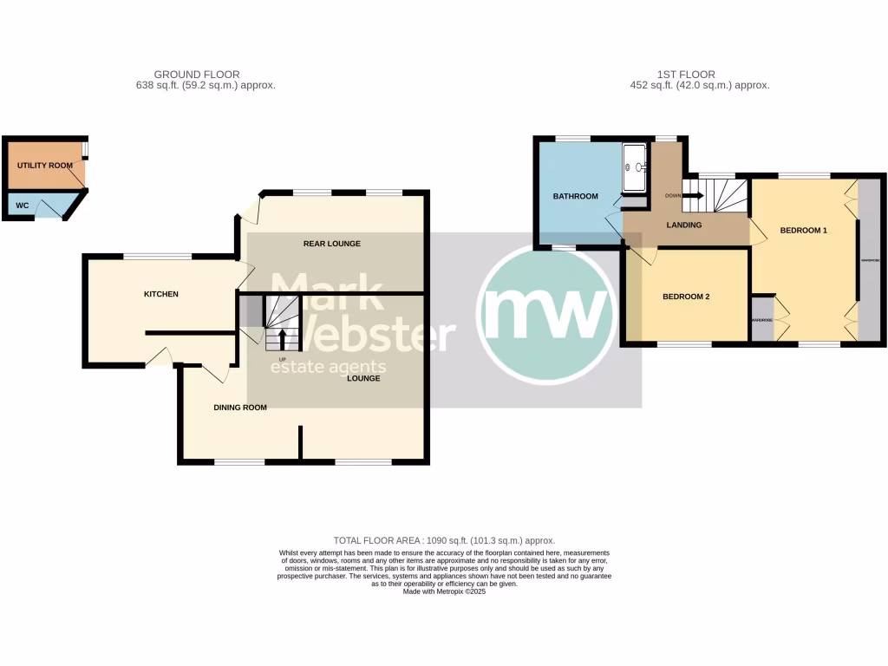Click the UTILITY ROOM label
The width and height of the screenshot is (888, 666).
pyautogui.click(x=44, y=165)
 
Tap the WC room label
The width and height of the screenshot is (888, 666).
pyautogui.click(x=20, y=206)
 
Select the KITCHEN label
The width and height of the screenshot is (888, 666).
pyautogui.click(x=160, y=294)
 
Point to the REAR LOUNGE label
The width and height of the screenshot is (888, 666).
pyautogui.click(x=331, y=244)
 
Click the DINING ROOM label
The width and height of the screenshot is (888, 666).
pyautogui.click(x=239, y=407)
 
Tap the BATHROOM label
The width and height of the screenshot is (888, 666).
pyautogui.click(x=576, y=196)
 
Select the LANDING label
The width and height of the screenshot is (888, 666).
pyautogui.click(x=684, y=225)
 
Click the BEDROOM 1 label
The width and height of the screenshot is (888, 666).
pyautogui.click(x=804, y=231)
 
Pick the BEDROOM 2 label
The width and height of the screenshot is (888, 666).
pyautogui.click(x=686, y=297)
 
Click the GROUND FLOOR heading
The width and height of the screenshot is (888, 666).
pyautogui.click(x=197, y=75)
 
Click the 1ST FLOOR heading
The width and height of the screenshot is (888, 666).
pyautogui.click(x=686, y=75)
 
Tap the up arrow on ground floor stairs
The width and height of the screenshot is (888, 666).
pyautogui.click(x=282, y=339)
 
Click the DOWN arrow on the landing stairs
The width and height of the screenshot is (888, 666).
pyautogui.click(x=694, y=195)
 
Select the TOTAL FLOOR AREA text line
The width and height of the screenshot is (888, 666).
pyautogui.click(x=444, y=540)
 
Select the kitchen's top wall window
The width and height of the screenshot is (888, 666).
pyautogui.click(x=157, y=257)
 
